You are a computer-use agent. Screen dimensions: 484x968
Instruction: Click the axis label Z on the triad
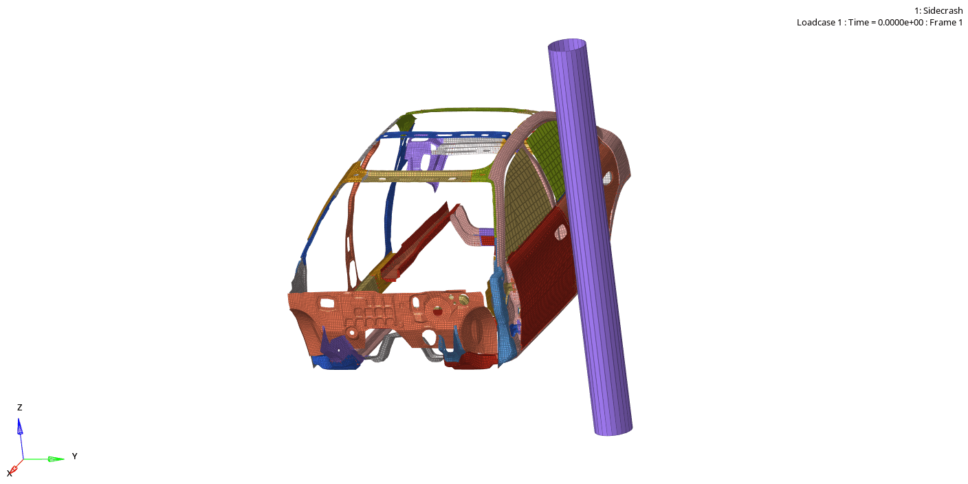coord(19,408)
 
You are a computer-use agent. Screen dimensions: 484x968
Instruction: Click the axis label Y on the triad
coord(74,456)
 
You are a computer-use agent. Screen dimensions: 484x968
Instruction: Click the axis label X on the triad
coord(10,474)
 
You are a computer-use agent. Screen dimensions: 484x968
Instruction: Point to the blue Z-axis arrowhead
coord(20,427)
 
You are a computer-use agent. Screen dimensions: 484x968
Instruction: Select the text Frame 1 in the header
coord(946,22)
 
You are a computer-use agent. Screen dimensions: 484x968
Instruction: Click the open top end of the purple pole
coord(568,46)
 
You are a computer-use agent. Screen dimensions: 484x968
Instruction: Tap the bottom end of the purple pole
coord(613,429)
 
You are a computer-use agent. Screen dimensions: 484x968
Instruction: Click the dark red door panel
coord(543,282)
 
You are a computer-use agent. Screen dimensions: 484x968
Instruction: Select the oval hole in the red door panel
coord(561,232)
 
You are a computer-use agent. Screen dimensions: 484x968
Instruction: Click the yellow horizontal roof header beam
coord(426,177)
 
